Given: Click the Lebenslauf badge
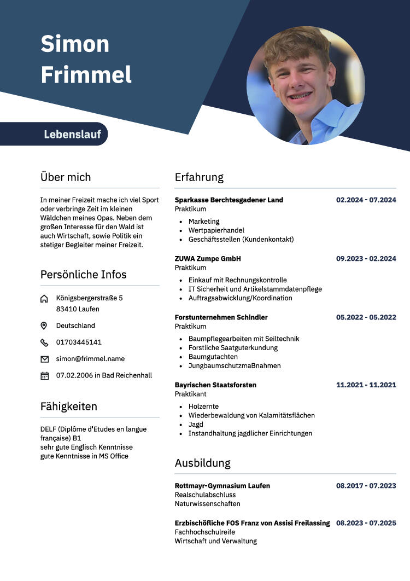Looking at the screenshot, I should (x=72, y=134).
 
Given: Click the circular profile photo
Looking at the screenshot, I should (x=306, y=85).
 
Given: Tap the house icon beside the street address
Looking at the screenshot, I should (x=44, y=299).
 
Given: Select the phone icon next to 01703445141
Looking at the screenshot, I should (x=44, y=342).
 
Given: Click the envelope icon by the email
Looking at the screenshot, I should (x=44, y=359).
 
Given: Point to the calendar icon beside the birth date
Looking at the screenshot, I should (x=44, y=376).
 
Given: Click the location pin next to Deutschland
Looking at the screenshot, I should (x=44, y=326).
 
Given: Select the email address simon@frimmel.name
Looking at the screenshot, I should (x=90, y=359).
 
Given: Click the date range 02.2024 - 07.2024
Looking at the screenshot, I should (x=366, y=200).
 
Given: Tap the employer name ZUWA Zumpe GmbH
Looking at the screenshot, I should (x=208, y=259).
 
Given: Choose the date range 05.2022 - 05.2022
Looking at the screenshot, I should (x=366, y=317).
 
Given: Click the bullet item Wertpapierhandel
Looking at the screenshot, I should (x=216, y=230).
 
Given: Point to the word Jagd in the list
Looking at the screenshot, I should (x=196, y=425).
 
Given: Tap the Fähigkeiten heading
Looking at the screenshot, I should (x=69, y=406).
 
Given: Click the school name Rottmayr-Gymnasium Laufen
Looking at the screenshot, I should (x=222, y=486).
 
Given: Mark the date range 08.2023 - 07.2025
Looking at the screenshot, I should (x=366, y=523).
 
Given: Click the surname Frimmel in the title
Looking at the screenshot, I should (x=86, y=74).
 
